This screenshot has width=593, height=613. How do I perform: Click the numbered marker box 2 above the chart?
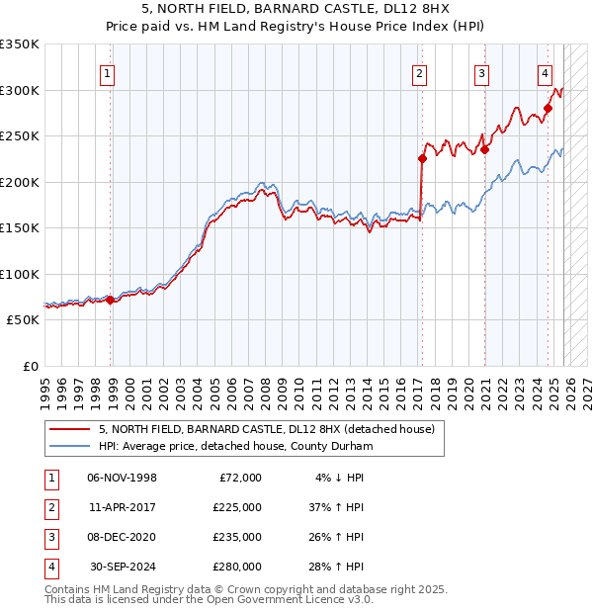click(420, 72)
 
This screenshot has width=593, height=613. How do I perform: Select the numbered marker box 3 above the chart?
click(482, 72)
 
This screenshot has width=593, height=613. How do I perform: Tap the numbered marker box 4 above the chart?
click(545, 72)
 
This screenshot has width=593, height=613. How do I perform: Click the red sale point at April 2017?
click(422, 158)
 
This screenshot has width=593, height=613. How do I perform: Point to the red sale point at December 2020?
click(484, 149)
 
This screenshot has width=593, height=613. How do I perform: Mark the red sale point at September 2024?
click(549, 108)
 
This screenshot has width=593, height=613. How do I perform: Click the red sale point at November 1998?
click(110, 300)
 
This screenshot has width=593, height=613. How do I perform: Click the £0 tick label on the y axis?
click(29, 367)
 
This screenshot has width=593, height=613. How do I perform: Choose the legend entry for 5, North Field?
click(266, 429)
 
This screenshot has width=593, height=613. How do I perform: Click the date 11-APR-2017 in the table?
click(122, 508)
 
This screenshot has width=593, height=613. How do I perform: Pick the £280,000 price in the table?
click(236, 567)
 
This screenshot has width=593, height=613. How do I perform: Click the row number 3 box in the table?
click(49, 537)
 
